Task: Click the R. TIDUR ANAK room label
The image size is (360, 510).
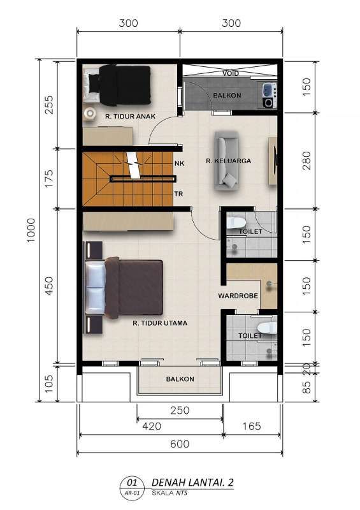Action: pyautogui.click(x=130, y=116)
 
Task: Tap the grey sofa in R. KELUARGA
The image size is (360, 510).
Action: pyautogui.click(x=226, y=161)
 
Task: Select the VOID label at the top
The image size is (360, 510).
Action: pyautogui.click(x=231, y=73)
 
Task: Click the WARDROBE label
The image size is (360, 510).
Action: pyautogui.click(x=238, y=296)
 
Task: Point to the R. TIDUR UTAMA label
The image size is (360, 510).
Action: pyautogui.click(x=160, y=323)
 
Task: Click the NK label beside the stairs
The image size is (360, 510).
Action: pyautogui.click(x=180, y=163)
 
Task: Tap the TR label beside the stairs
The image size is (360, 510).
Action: pyautogui.click(x=178, y=194)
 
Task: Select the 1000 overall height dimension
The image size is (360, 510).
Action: pyautogui.click(x=31, y=230)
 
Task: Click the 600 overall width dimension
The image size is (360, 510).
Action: pyautogui.click(x=180, y=444)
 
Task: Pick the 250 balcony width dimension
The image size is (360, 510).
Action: pyautogui.click(x=180, y=410)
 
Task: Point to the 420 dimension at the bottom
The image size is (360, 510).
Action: pyautogui.click(x=152, y=426)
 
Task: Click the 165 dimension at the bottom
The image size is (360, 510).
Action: pyautogui.click(x=252, y=426)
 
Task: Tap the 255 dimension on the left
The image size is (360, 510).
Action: pyautogui.click(x=49, y=105)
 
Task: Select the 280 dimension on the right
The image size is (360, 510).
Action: pyautogui.click(x=306, y=161)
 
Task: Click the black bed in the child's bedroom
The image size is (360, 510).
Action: pyautogui.click(x=120, y=85)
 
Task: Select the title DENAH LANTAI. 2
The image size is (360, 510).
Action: pyautogui.click(x=192, y=483)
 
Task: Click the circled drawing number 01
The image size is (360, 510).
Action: pyautogui.click(x=133, y=481)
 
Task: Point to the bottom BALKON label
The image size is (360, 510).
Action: pyautogui.click(x=180, y=379)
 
